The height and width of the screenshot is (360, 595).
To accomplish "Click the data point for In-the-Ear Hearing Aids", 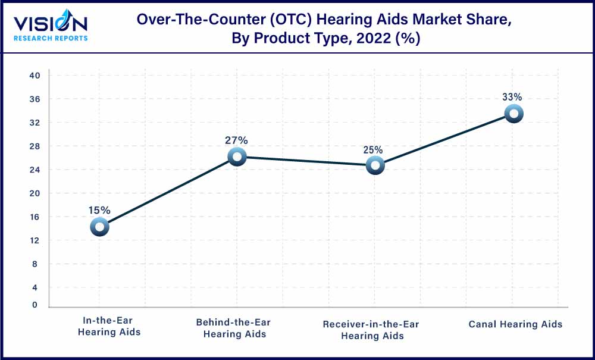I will pos(99,226).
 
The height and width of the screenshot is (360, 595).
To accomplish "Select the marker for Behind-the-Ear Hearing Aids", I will pos(237,157).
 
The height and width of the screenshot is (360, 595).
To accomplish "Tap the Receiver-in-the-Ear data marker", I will pos(375,165).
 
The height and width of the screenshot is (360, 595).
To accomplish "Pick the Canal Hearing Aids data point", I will pos(513,113).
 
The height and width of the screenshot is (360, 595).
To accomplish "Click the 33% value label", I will pos(512,96).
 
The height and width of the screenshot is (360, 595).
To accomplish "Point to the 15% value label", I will pos(99,210).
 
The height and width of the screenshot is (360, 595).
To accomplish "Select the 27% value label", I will pos(236,140).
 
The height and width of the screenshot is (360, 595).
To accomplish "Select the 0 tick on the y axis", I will pos(35,305).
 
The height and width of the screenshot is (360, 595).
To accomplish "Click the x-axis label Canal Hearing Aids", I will pos(515,324).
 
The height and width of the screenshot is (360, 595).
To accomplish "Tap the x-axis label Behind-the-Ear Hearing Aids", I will pos(233,328).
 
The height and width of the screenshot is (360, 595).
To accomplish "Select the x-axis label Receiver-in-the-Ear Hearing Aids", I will pos(371,330).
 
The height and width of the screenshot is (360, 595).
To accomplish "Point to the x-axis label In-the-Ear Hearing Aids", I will pos(109,327).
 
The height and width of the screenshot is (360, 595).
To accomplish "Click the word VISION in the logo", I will pos(51,24).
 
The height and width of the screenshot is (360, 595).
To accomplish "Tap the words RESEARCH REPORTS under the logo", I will pos(51,38).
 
